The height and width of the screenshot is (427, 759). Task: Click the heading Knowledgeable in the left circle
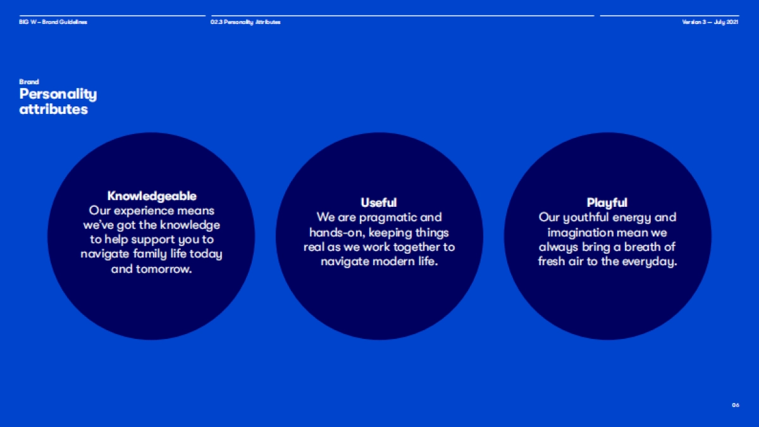click(152, 196)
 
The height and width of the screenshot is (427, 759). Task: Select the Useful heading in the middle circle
click(379, 202)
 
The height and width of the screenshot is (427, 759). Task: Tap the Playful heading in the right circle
click(607, 203)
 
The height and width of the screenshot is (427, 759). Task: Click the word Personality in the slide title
click(58, 94)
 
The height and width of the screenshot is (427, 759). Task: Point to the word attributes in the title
click(54, 109)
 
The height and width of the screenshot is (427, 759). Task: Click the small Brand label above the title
click(29, 82)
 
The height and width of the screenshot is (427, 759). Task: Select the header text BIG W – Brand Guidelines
click(53, 22)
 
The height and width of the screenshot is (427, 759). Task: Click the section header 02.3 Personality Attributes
click(245, 22)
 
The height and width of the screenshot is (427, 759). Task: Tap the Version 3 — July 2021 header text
click(710, 22)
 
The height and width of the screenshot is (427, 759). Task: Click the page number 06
click(735, 405)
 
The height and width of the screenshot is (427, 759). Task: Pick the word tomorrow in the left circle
click(164, 269)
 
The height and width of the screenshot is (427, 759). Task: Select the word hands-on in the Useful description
click(336, 233)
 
